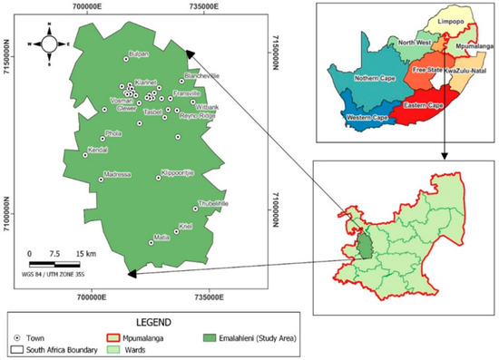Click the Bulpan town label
(138, 54)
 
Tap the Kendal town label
(97, 150)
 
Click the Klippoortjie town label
(177, 171)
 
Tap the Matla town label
(162, 237)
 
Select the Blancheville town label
(201, 76)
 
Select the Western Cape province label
(366, 117)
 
